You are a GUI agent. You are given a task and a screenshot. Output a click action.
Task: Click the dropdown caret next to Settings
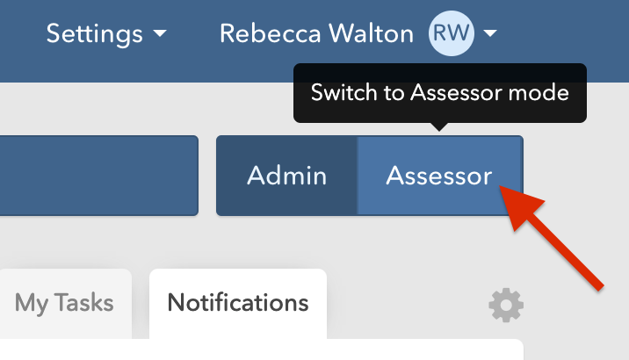pos(159,34)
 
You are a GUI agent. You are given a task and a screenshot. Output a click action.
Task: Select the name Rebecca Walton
pos(316,34)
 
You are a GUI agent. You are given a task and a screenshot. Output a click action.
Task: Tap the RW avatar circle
pos(451,34)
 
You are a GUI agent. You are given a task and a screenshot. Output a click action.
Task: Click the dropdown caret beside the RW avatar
pos(490,34)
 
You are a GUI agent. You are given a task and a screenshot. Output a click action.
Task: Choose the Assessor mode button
pos(439,176)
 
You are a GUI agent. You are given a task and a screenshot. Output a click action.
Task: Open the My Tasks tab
pos(64,304)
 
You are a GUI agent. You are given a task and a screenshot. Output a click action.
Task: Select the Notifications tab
pos(238,304)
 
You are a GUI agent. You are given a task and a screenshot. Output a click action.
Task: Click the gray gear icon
pos(506,306)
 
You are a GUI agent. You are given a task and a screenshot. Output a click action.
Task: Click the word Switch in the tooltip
pos(337,92)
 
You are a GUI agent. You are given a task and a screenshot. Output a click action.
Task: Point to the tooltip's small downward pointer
pos(440,127)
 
